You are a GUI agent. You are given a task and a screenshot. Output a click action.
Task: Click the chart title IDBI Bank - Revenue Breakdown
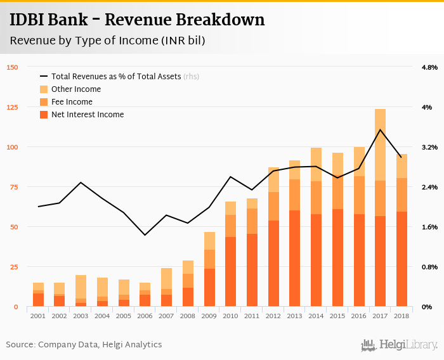tap(137, 20)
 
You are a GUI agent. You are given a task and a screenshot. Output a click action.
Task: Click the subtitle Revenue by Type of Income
tap(107, 41)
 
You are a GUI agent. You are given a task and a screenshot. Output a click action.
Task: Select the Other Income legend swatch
tap(44, 89)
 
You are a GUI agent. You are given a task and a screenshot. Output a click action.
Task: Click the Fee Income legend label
tap(72, 102)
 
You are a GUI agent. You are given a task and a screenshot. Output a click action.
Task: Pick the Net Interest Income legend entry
tap(88, 115)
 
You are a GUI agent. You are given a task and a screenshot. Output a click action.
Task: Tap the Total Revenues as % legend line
tap(44, 77)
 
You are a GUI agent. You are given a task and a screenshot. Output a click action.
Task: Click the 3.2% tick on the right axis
tap(429, 147)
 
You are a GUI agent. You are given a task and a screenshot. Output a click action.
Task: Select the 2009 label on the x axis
tap(209, 315)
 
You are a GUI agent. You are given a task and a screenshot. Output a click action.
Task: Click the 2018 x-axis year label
tap(402, 315)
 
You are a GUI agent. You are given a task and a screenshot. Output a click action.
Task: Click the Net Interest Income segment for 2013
tap(294, 259)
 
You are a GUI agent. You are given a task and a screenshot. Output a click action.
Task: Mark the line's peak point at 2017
tap(380, 130)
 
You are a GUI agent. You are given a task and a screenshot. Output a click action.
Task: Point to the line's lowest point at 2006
tap(145, 235)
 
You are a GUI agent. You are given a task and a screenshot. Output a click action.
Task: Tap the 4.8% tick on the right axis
tap(429, 67)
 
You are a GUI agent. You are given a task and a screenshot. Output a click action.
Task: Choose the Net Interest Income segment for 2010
tap(230, 272)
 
